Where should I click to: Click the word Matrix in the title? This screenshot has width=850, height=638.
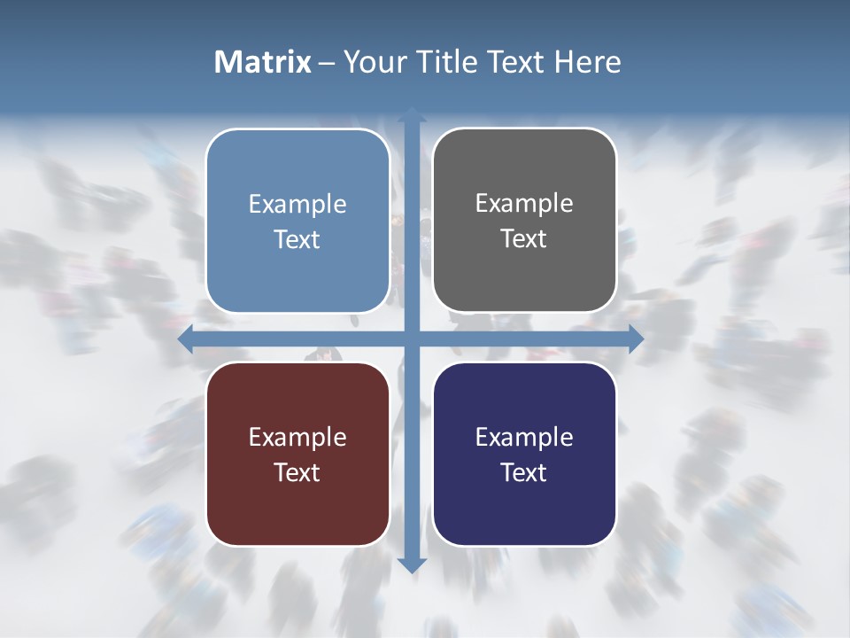263,62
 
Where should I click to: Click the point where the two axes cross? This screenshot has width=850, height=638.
412,339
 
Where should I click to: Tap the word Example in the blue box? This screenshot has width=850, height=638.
297,204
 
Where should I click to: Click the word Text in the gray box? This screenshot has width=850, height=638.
524,239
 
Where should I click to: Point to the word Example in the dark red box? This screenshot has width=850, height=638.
297,437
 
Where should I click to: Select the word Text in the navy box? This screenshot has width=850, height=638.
524,472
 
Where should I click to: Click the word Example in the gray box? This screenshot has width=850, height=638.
524,203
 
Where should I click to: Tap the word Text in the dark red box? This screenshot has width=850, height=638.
297,472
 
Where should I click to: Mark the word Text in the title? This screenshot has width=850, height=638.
518,62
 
